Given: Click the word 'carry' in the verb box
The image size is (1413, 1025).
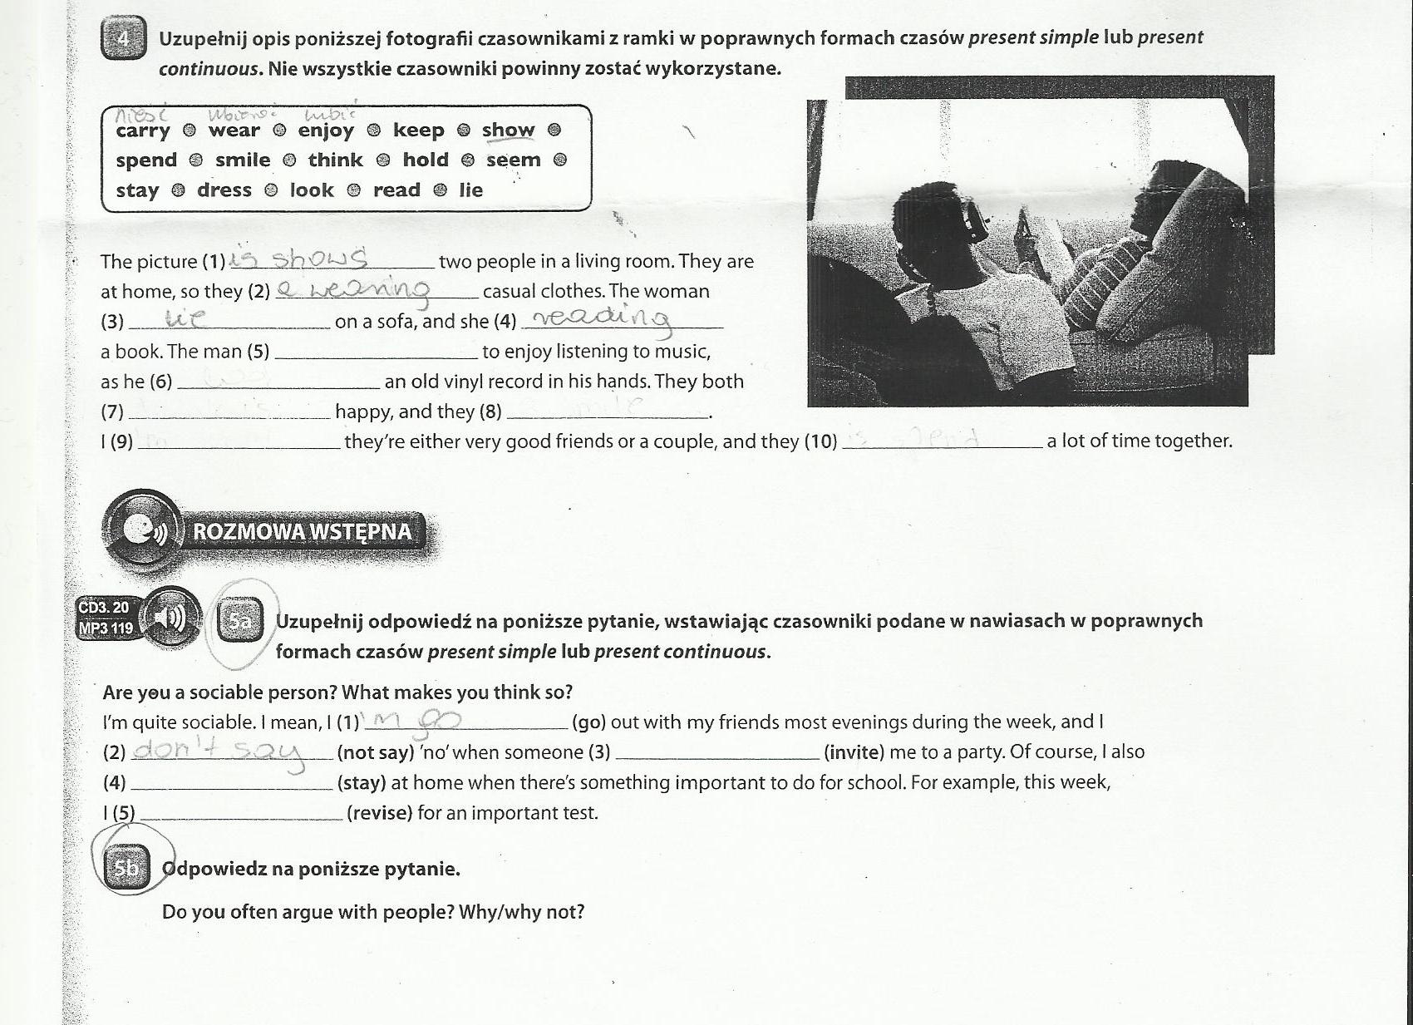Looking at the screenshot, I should click(143, 131).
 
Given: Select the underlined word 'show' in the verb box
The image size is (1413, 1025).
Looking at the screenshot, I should click(508, 131).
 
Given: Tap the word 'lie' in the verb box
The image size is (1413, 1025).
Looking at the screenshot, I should click(470, 190).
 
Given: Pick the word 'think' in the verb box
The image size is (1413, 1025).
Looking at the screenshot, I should click(335, 160).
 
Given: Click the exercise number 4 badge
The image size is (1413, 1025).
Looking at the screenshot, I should click(122, 39).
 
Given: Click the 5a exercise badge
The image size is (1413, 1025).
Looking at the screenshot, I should click(239, 620).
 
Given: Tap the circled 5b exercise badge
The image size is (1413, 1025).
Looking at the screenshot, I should click(126, 869).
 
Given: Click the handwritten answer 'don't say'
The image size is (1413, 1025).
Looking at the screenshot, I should click(219, 752).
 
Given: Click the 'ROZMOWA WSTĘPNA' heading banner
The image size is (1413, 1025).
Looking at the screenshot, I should click(302, 532).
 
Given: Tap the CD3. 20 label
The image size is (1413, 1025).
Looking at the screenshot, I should click(103, 608).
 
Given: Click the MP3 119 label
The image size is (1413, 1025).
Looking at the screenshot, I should click(106, 628).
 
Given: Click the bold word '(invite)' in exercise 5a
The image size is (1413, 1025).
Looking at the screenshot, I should click(854, 752).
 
